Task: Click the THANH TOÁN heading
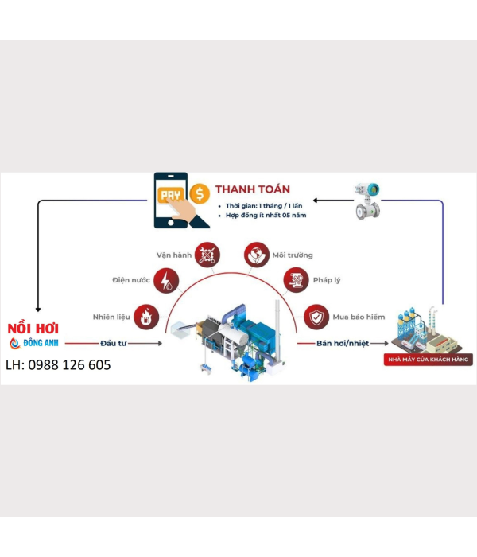(x=252, y=189)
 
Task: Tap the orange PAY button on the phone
(x=171, y=195)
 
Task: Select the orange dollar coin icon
(x=200, y=193)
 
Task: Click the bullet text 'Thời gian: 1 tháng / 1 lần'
(x=264, y=206)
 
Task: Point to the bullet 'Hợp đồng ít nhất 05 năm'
(x=266, y=216)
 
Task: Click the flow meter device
(x=367, y=201)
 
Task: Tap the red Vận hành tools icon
(x=207, y=255)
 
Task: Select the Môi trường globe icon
(x=256, y=255)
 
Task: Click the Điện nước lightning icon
(x=166, y=280)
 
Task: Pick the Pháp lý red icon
(x=296, y=280)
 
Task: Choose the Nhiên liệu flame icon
(x=145, y=317)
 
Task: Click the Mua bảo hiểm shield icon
(x=316, y=317)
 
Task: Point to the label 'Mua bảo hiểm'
(x=359, y=317)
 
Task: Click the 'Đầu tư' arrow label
(x=114, y=343)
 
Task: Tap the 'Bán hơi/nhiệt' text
(x=343, y=343)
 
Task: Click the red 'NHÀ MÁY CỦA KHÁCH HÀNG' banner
(x=429, y=360)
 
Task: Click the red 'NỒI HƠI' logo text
(x=33, y=329)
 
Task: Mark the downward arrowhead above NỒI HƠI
(x=38, y=310)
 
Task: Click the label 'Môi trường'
(x=293, y=255)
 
